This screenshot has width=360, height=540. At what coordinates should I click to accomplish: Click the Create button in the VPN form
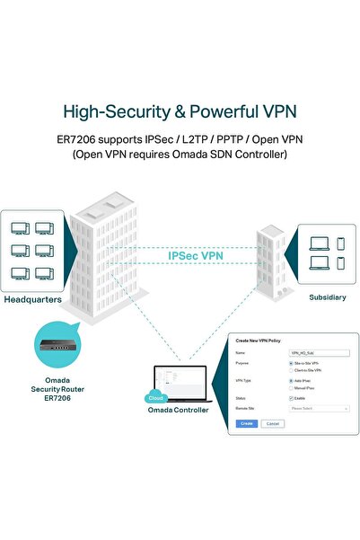tap(247, 422)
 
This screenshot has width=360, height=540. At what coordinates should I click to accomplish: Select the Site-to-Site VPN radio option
tap(291, 363)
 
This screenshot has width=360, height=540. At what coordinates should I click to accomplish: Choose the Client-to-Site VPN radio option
tap(291, 369)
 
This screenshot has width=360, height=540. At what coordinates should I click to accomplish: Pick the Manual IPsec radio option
tap(291, 387)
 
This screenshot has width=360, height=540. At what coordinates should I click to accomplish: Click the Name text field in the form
tap(319, 354)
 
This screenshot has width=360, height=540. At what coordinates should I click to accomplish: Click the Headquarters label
tap(31, 299)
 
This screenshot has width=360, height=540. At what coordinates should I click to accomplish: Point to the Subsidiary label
tap(327, 297)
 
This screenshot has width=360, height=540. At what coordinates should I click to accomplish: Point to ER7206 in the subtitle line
tap(99, 139)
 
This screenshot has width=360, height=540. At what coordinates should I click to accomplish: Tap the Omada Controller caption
tap(179, 411)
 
